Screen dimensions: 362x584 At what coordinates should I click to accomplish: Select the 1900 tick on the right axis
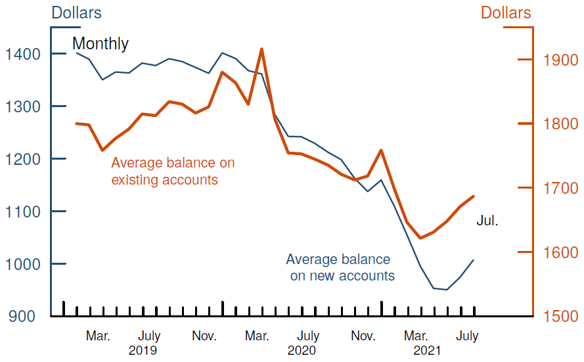525,60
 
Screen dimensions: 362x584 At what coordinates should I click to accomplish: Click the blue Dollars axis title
76,12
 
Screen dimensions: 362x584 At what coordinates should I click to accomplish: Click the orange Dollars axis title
506,12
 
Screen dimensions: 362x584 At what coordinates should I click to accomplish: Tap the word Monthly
100,44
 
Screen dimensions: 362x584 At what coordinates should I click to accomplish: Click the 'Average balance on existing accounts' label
172,171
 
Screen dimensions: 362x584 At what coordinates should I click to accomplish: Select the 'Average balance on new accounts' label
340,267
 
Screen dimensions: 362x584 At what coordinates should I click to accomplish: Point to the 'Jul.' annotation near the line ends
487,221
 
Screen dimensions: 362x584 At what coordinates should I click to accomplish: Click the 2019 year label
143,350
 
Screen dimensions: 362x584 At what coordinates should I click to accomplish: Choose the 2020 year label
302,350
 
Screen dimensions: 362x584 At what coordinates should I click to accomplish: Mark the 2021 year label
427,350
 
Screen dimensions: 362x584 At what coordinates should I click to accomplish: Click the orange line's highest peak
261,49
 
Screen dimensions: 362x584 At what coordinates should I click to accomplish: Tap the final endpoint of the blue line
474,260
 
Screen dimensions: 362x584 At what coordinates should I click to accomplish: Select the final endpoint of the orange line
474,196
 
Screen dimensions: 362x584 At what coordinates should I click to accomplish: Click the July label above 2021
466,336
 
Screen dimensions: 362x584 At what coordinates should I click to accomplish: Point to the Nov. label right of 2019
204,336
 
